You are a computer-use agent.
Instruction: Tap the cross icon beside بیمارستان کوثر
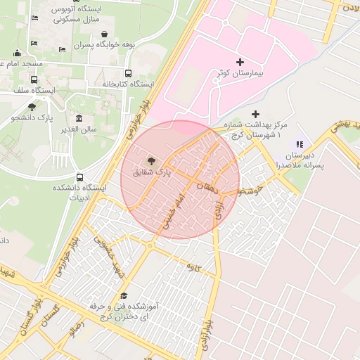(240, 63)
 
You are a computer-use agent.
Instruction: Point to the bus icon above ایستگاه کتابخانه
(128, 73)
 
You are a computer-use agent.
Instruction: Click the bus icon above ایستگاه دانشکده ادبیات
(79, 178)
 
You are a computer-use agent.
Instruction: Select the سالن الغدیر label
(79, 129)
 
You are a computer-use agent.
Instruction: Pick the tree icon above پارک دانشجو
(32, 107)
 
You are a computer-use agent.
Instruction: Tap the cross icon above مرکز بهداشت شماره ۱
(255, 114)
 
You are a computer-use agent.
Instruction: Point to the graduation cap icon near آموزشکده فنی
(124, 296)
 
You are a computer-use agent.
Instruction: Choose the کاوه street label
(189, 266)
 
